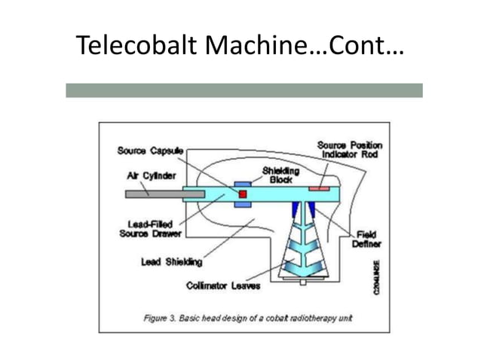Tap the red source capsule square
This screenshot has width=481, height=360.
pyautogui.click(x=243, y=194)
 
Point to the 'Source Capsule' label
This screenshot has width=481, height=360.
pyautogui.click(x=150, y=150)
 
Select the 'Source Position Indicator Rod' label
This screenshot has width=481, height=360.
pyautogui.click(x=349, y=149)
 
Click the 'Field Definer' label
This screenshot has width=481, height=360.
pyautogui.click(x=366, y=239)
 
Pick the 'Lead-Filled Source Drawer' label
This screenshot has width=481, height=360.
pyautogui.click(x=151, y=228)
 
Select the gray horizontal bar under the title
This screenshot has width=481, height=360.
pyautogui.click(x=244, y=90)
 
